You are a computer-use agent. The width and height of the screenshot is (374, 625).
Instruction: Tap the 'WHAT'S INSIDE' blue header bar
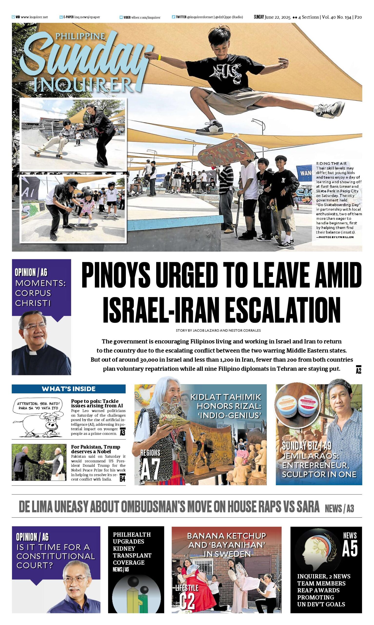pos(69,389)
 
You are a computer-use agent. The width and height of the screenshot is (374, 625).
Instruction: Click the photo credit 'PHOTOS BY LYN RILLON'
pos(335,237)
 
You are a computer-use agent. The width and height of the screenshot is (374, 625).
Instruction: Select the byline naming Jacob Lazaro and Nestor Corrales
pos(218,330)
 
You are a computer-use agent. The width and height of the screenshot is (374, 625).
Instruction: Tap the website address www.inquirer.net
pos(34,17)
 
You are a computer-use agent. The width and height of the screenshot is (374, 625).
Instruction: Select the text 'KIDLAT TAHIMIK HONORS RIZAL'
pos(226,406)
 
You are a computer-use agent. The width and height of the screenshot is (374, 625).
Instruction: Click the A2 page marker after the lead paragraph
pos(358,369)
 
